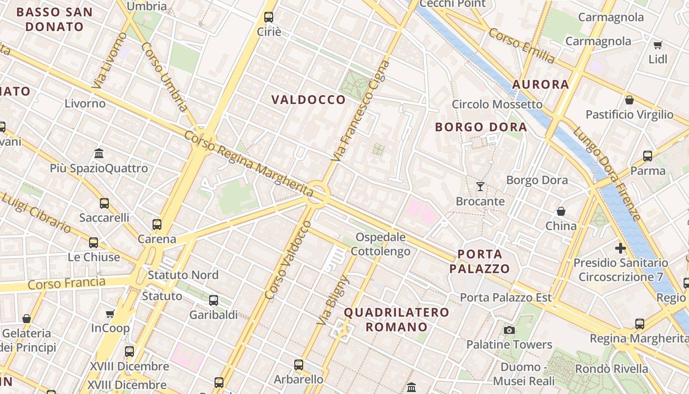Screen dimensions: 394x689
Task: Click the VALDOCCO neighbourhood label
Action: (309, 100)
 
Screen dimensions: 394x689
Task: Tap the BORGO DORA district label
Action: (481, 127)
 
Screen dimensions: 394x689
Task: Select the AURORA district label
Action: (540, 84)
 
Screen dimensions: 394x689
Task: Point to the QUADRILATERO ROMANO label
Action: (396, 319)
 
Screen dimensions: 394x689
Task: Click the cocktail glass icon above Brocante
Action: (480, 187)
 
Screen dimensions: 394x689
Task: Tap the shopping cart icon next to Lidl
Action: (658, 45)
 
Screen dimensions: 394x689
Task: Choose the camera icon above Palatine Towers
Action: (509, 330)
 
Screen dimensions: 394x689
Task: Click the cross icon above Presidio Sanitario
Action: (620, 248)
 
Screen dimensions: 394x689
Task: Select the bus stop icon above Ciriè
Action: (269, 17)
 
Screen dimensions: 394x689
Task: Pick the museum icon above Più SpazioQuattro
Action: (99, 153)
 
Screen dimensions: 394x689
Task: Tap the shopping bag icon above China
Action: (561, 211)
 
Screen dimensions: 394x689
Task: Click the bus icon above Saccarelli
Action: (104, 203)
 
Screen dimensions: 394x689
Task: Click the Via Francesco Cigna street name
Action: (360, 111)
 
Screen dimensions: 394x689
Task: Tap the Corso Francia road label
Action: (66, 283)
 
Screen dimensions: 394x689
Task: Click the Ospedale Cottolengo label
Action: (380, 244)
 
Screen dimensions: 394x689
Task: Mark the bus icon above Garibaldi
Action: (214, 300)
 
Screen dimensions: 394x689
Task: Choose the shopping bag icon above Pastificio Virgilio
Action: (629, 100)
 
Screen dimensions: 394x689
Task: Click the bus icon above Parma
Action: (648, 156)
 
